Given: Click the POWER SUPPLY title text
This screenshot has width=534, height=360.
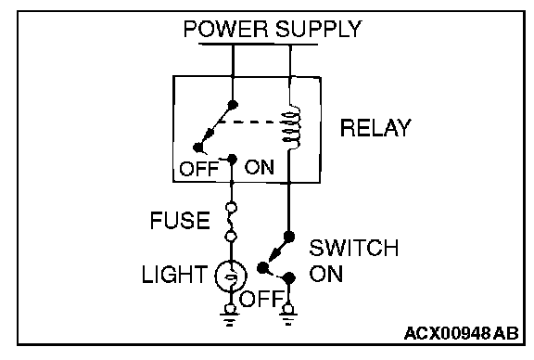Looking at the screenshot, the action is pyautogui.click(x=273, y=29).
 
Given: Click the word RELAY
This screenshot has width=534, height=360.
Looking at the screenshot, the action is pyautogui.click(x=375, y=128).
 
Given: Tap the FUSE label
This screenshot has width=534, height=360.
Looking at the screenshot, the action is pyautogui.click(x=180, y=220).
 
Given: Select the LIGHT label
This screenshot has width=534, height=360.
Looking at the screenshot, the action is pyautogui.click(x=174, y=274).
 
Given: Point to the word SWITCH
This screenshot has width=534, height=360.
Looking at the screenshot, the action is pyautogui.click(x=354, y=248).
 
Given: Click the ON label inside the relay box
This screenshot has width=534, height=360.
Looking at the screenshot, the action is pyautogui.click(x=260, y=167).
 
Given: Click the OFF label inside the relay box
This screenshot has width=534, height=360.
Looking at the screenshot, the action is pyautogui.click(x=199, y=169).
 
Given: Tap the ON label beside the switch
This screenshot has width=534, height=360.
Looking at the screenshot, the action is pyautogui.click(x=326, y=274).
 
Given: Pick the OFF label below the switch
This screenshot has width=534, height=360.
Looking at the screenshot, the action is pyautogui.click(x=261, y=299).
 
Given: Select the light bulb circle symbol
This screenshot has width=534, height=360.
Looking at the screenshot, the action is pyautogui.click(x=231, y=276).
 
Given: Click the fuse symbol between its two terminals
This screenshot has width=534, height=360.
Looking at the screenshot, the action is pyautogui.click(x=231, y=222).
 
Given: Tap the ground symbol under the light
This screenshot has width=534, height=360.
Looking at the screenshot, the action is pyautogui.click(x=230, y=316).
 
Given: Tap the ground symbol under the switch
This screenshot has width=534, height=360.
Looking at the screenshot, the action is pyautogui.click(x=288, y=316).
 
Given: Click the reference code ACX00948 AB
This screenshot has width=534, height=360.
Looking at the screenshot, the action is pyautogui.click(x=462, y=333).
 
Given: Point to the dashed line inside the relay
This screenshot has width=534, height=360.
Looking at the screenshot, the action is pyautogui.click(x=248, y=122).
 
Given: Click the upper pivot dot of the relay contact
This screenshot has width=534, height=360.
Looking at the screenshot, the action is pyautogui.click(x=233, y=105).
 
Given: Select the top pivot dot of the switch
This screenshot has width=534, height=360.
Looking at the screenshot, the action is pyautogui.click(x=289, y=237).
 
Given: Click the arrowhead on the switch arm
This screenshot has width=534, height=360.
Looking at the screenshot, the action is pyautogui.click(x=274, y=255).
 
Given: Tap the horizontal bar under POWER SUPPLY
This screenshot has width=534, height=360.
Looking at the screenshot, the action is pyautogui.click(x=258, y=44).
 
